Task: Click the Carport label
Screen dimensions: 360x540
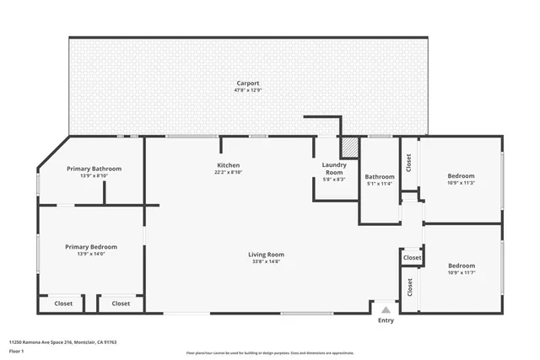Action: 247,83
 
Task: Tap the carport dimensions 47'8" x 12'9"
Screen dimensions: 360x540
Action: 247,90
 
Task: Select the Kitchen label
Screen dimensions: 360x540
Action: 229,165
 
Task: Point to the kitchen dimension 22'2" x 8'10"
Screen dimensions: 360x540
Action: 229,172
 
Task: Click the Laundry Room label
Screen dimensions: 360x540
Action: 334,169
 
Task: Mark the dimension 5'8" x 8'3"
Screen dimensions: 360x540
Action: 334,180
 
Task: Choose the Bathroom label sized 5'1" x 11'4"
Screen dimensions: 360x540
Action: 380,177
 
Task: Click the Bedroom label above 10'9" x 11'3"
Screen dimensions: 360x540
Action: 461,176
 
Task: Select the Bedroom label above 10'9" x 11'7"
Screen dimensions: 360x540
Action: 462,266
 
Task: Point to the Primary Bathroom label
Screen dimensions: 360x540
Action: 94,169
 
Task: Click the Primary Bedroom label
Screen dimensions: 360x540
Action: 91,247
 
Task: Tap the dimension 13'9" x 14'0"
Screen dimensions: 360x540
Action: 91,254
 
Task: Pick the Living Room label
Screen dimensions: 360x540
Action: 266,255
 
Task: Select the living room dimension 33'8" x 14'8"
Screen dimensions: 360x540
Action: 266,261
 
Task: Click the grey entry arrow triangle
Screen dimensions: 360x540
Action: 386,310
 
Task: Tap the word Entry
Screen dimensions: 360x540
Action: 386,320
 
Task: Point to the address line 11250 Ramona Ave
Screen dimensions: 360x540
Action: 62,342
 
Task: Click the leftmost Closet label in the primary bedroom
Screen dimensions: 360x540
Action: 64,304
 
